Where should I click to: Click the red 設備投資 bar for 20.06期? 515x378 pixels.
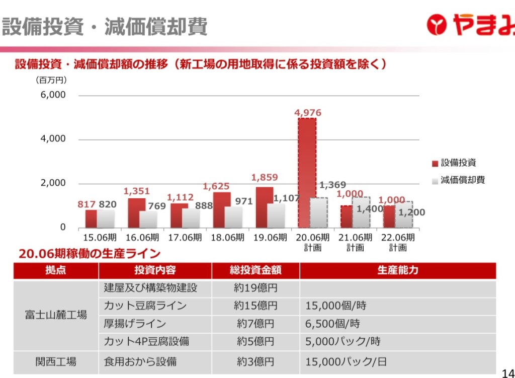click(x=307, y=172)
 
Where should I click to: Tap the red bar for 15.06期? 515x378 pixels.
click(x=91, y=218)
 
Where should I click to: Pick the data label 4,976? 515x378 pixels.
click(x=308, y=113)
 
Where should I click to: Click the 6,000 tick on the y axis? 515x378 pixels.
click(x=53, y=95)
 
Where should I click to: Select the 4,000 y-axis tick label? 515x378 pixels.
click(x=53, y=139)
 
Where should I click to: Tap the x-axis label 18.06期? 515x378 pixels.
click(x=227, y=238)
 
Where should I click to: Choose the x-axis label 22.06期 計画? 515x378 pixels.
click(x=398, y=242)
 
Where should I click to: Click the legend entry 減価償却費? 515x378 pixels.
click(x=463, y=180)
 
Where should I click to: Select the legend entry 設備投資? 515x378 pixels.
click(x=458, y=163)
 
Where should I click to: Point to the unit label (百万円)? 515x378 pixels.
click(x=51, y=80)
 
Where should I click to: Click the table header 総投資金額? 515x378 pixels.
click(x=255, y=270)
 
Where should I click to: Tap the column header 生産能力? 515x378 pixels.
click(x=397, y=270)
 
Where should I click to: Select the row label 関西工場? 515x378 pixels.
click(x=56, y=361)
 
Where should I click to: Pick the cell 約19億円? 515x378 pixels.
click(x=255, y=288)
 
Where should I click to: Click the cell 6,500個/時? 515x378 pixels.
click(x=332, y=324)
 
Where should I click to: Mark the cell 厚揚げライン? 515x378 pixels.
click(x=135, y=324)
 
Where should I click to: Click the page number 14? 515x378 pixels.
click(x=508, y=372)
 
